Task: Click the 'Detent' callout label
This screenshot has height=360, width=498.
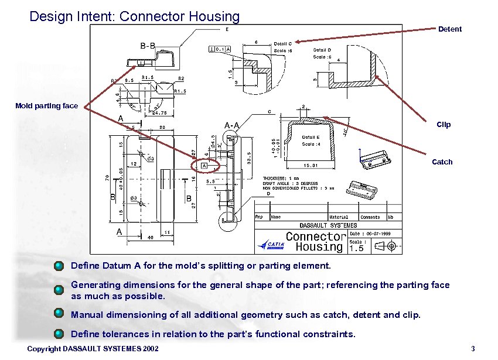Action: (x=450, y=29)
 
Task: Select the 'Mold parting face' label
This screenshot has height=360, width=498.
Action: (x=46, y=106)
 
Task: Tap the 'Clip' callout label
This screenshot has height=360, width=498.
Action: (x=444, y=125)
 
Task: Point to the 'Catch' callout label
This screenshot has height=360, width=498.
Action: (x=442, y=162)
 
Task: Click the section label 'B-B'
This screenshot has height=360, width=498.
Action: (x=148, y=46)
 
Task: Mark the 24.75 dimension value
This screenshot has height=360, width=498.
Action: (x=159, y=114)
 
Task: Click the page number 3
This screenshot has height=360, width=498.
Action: (x=472, y=350)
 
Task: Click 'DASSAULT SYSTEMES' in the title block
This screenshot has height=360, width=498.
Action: (x=328, y=225)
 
